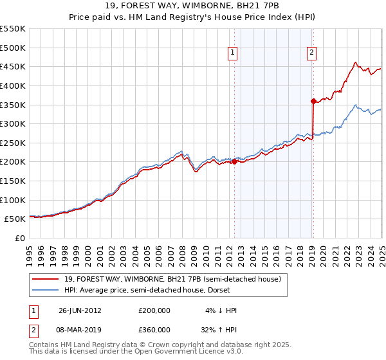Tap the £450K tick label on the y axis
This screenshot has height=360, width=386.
coord(12,66)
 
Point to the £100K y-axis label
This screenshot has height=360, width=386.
coord(12,200)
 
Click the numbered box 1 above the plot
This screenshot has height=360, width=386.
coord(232,53)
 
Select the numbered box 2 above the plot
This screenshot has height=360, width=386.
coord(311,53)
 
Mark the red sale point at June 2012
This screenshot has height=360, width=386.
coord(234,162)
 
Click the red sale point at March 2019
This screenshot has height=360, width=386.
coord(313,101)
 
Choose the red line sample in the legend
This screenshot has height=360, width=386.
coord(46,280)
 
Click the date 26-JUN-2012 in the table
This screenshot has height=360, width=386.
coord(80,310)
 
